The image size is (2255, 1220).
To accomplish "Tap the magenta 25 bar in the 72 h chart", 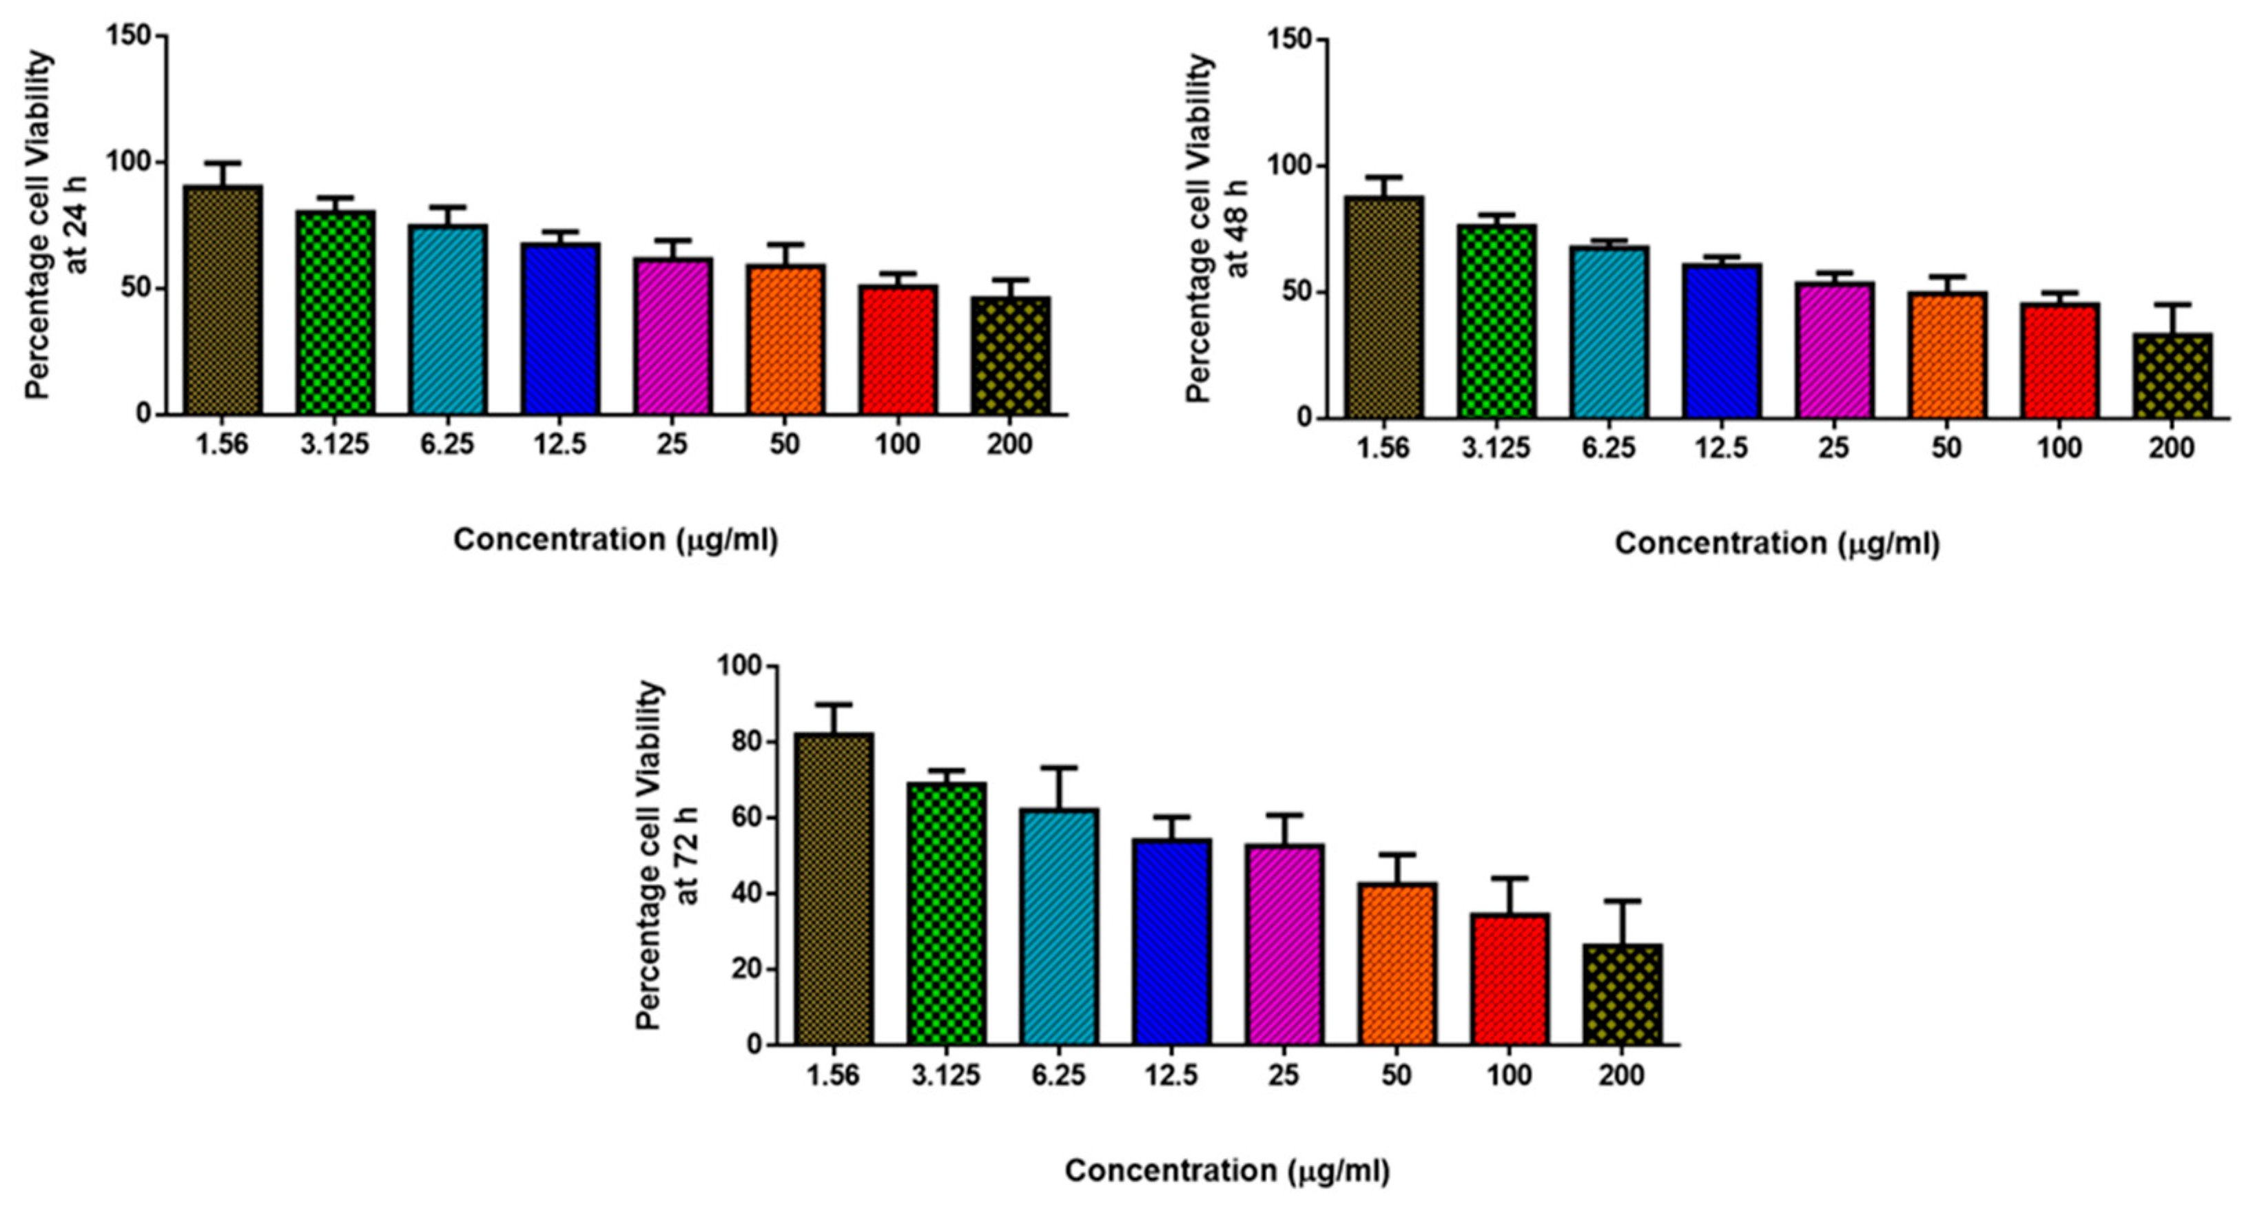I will pyautogui.click(x=1284, y=945).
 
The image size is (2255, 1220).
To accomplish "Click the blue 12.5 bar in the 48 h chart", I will pyautogui.click(x=1722, y=341).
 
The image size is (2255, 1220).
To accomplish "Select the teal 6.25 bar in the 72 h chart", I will pyautogui.click(x=1059, y=928).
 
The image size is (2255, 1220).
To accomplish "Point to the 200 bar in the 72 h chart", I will pyautogui.click(x=1622, y=995).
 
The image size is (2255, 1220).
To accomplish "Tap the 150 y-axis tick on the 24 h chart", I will pyautogui.click(x=128, y=36).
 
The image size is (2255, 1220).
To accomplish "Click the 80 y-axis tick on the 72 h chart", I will pyautogui.click(x=740, y=742).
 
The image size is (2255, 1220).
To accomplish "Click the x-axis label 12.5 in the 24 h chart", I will pyautogui.click(x=560, y=444).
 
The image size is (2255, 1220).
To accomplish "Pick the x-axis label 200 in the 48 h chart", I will pyautogui.click(x=2172, y=448).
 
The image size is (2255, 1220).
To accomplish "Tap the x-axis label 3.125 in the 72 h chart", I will pyautogui.click(x=946, y=1075).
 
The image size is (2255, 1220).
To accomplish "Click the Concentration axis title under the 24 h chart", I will pyautogui.click(x=615, y=540).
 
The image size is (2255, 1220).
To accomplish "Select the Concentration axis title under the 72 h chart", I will pyautogui.click(x=1226, y=1171).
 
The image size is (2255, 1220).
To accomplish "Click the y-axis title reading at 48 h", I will pyautogui.click(x=1237, y=227).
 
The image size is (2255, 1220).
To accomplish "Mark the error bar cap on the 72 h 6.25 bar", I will pyautogui.click(x=1059, y=767).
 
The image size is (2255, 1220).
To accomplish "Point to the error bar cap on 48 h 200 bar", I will pyautogui.click(x=2173, y=304).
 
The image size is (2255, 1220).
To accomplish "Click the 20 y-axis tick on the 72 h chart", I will pyautogui.click(x=740, y=970).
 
